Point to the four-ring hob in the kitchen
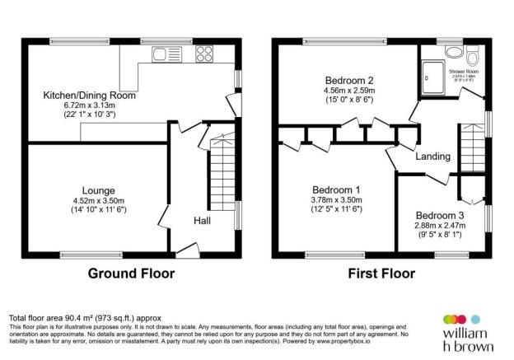[203, 56]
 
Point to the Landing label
[432, 157]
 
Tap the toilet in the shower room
[472, 57]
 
